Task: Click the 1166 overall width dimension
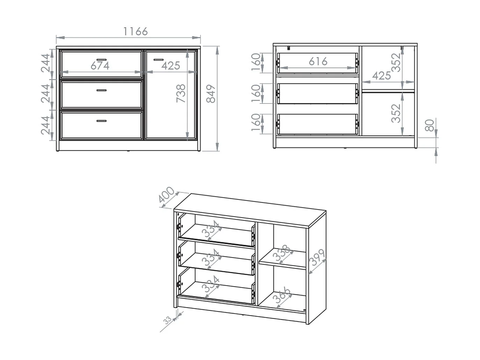[x=136, y=31]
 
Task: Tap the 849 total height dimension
[x=211, y=94]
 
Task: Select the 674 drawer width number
[x=100, y=65]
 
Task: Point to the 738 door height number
[x=181, y=94]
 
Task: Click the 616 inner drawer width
[x=318, y=62]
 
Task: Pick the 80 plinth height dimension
[x=430, y=125]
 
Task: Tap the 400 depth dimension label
[x=167, y=195]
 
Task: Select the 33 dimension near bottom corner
[x=168, y=320]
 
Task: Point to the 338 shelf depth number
[x=282, y=253]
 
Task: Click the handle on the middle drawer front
[x=101, y=90]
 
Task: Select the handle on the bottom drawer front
[x=101, y=121]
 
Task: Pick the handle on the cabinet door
[x=158, y=59]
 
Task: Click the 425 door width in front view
[x=171, y=65]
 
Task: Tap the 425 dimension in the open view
[x=381, y=75]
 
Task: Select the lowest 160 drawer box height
[x=256, y=123]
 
